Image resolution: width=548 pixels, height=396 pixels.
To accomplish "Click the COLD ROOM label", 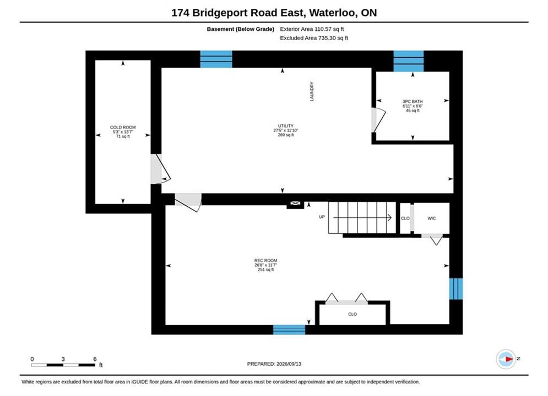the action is (x=123, y=128).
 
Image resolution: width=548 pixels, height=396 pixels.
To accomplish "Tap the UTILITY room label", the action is (x=285, y=125).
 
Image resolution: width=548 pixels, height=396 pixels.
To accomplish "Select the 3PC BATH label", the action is (x=413, y=102).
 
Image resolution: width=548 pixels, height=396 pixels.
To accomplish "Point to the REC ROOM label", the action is (x=265, y=260).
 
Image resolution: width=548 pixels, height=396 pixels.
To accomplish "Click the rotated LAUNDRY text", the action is (x=312, y=91).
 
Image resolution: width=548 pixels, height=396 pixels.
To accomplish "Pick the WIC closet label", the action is (x=432, y=218).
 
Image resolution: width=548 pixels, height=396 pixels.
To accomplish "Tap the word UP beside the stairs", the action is (x=322, y=217).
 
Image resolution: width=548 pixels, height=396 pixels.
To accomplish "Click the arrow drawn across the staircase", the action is (x=362, y=218).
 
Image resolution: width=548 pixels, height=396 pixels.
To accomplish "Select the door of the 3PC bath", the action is (x=378, y=120).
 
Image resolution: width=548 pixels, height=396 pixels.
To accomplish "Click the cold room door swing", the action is (x=161, y=169).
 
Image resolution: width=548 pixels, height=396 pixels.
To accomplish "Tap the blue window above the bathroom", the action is (x=409, y=61).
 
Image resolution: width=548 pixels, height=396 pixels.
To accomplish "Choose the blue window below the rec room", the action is (x=289, y=329).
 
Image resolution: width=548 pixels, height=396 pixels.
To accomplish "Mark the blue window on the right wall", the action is (x=455, y=289).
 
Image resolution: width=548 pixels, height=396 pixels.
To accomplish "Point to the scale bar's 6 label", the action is (x=95, y=359).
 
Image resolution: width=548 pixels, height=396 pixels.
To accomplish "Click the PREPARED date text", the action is (x=274, y=364).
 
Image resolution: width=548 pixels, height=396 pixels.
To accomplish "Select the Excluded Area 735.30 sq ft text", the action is (x=314, y=38).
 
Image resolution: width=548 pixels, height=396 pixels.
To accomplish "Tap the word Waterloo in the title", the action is (x=333, y=13).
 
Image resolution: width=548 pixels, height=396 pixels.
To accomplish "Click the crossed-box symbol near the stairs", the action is (x=295, y=204).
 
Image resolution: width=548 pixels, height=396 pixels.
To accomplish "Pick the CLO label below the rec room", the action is (x=352, y=314).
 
